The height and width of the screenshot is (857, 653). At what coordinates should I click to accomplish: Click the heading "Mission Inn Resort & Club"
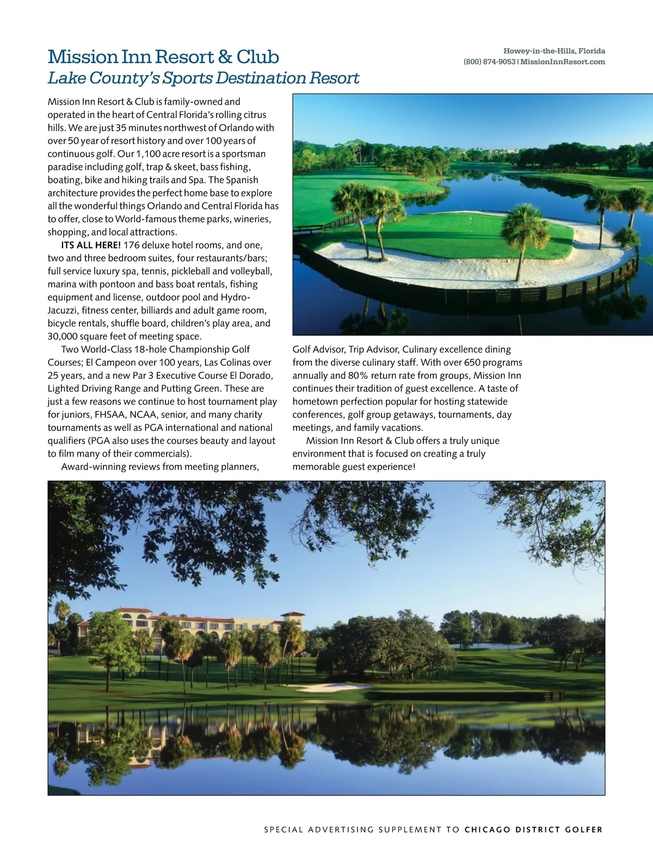(163, 57)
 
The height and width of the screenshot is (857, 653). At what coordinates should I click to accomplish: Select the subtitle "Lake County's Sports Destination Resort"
(203, 78)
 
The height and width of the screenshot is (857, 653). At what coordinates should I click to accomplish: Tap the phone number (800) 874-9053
(489, 62)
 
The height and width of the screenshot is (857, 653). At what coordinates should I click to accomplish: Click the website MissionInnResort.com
(563, 62)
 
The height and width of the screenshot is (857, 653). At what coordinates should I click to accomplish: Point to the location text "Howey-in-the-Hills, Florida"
(554, 51)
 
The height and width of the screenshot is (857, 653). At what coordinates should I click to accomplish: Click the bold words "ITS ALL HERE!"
(91, 245)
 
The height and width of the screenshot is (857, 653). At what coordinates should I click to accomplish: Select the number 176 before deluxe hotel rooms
(132, 245)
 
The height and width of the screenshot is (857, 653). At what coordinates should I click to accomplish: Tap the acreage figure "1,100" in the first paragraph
(148, 154)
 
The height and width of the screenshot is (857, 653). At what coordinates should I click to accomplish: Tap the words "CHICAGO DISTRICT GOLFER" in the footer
(533, 830)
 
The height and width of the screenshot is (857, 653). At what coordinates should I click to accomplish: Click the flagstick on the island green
(470, 219)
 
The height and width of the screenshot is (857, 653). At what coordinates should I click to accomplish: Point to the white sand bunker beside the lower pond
(325, 687)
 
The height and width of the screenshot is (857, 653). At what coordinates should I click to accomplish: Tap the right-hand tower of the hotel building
(292, 620)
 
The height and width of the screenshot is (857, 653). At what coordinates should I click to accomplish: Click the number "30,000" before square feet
(62, 336)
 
